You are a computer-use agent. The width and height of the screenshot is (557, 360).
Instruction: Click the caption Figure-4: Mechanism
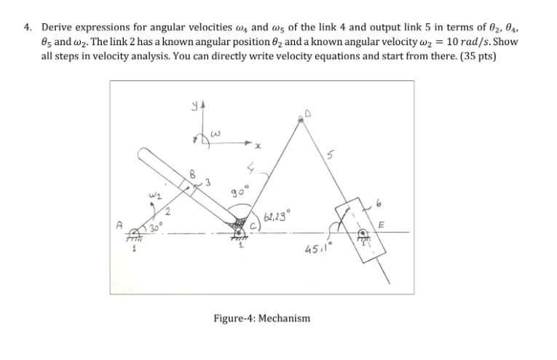[261, 318]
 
